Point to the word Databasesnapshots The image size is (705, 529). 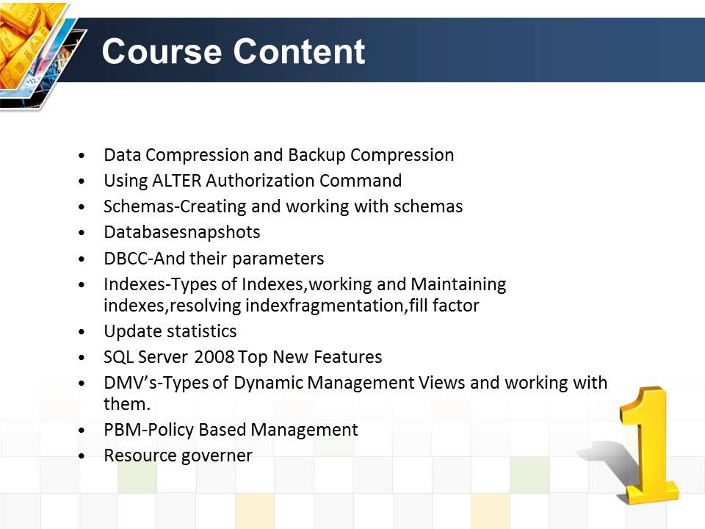click(181, 232)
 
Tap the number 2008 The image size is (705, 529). click(214, 357)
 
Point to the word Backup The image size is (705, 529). click(317, 155)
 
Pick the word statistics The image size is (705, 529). click(202, 331)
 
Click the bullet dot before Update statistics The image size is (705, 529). click(86, 332)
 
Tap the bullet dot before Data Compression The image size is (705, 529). click(86, 156)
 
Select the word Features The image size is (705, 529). click(348, 357)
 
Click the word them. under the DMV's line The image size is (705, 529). click(126, 403)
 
